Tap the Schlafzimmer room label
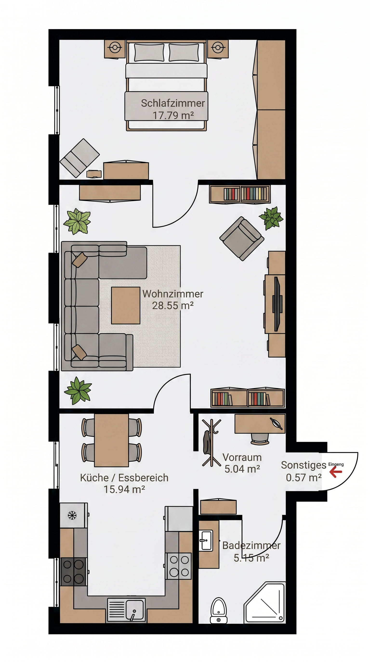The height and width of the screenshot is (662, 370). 173,103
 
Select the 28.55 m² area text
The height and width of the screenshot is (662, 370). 173,306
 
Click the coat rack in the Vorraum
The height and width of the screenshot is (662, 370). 211,443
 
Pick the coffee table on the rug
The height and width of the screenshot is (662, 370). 126,306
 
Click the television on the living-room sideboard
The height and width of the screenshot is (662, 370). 277,304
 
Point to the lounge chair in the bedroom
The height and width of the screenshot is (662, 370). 79,158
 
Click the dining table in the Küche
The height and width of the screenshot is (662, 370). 112,440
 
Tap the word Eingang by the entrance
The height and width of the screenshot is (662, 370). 336,464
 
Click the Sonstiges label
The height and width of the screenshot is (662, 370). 304,465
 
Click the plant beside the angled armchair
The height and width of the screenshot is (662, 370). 271,218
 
